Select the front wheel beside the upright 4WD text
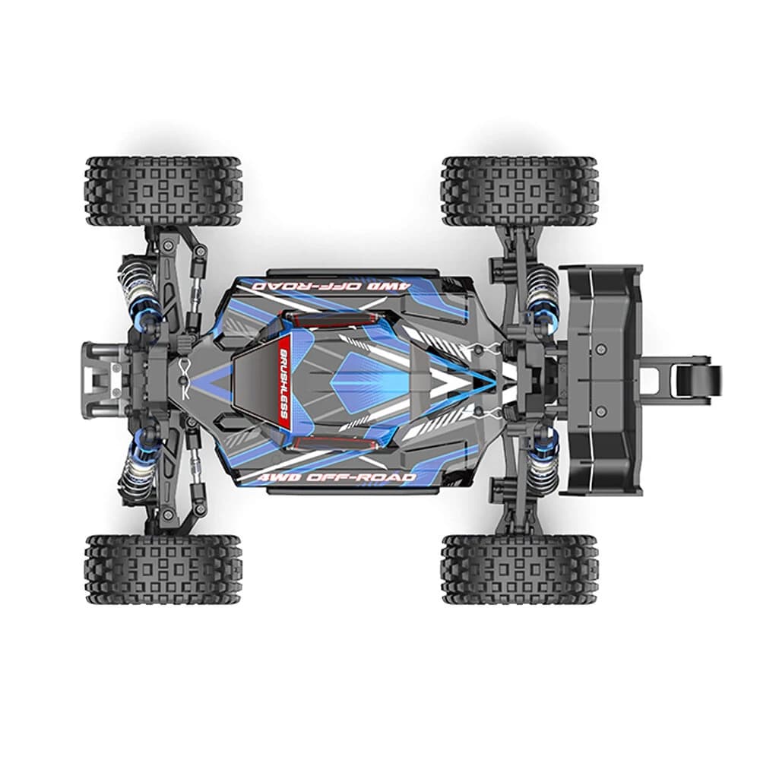click(x=163, y=570)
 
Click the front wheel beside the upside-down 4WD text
click(x=163, y=192)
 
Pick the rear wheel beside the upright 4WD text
click(x=520, y=570)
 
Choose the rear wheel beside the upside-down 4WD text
click(x=520, y=192)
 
